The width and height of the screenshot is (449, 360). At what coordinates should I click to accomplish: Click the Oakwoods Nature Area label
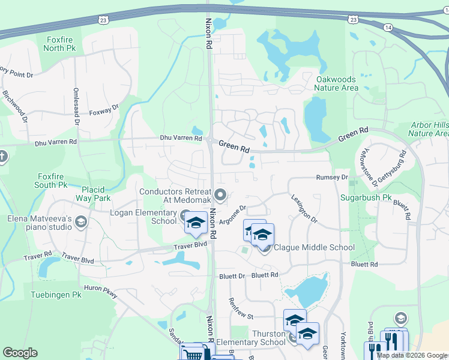pyautogui.click(x=336, y=83)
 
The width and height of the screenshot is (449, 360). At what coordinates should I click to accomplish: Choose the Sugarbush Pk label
pyautogui.click(x=366, y=197)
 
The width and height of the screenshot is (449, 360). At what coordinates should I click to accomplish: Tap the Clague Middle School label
pyautogui.click(x=314, y=247)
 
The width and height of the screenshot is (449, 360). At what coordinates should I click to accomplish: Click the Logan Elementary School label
pyautogui.click(x=143, y=216)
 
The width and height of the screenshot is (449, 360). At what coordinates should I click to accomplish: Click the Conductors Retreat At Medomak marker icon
pyautogui.click(x=221, y=194)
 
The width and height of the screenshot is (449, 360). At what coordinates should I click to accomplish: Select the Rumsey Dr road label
pyautogui.click(x=332, y=178)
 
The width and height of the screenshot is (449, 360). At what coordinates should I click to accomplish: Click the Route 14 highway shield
pyautogui.click(x=388, y=28)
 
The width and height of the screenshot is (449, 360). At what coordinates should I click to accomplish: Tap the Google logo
pyautogui.click(x=20, y=353)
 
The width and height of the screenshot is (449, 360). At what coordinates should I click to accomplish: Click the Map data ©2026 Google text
pyautogui.click(x=412, y=355)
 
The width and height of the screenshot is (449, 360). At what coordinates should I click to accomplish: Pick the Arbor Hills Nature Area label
pyautogui.click(x=429, y=129)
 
